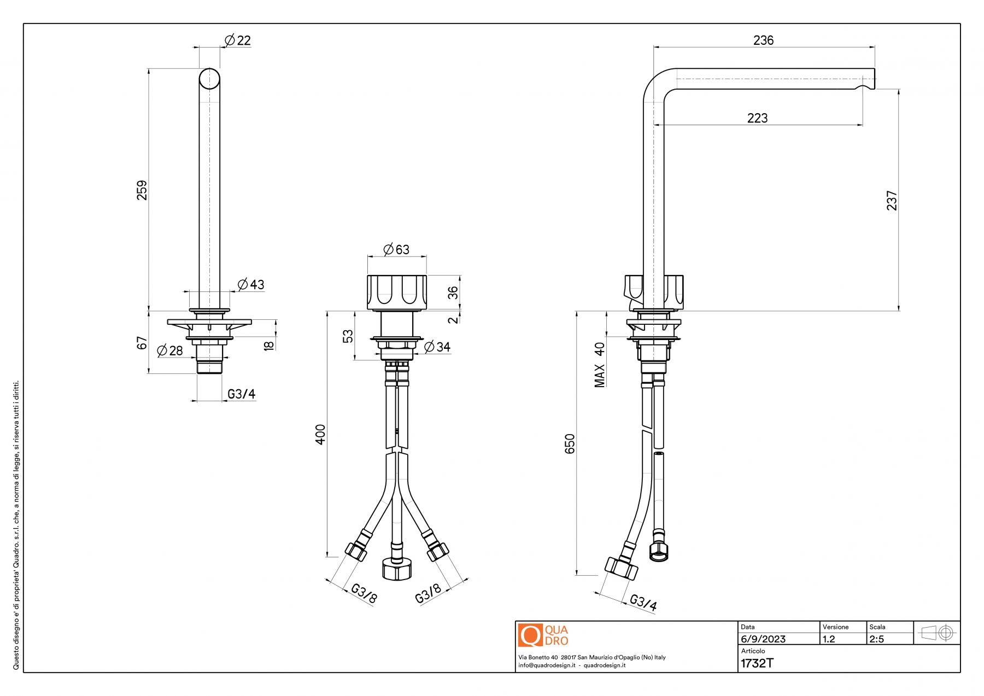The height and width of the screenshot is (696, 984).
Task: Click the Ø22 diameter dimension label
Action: click(238, 40)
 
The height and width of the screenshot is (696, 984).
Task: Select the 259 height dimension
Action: click(142, 190)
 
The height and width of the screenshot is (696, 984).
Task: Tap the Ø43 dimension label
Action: click(251, 284)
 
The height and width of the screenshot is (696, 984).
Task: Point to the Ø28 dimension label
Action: click(170, 350)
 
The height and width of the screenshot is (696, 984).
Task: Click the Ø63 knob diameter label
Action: click(396, 249)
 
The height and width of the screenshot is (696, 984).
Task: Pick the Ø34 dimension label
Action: click(437, 347)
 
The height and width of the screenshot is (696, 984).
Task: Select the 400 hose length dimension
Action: click(320, 434)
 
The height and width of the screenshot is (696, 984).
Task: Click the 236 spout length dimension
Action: click(763, 40)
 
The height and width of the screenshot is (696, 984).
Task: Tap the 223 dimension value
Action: click(757, 118)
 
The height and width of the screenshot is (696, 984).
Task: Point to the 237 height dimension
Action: click(892, 200)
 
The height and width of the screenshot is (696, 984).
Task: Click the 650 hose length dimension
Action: click(570, 443)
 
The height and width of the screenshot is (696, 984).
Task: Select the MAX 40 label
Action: click(600, 365)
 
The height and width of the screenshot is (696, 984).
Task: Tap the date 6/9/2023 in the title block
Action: click(763, 639)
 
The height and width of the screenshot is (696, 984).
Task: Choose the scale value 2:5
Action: click(876, 639)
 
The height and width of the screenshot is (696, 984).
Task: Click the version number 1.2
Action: click(829, 639)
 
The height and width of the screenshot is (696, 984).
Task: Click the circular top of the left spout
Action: click(209, 79)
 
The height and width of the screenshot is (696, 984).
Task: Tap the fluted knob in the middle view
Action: click(397, 293)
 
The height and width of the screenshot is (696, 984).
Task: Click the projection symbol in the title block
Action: click(937, 633)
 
